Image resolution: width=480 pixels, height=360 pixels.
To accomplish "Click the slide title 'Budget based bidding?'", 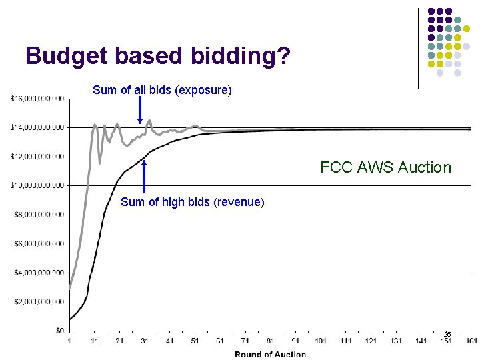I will pos(158,56).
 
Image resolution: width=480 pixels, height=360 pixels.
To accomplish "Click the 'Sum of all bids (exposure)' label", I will pos(162,90).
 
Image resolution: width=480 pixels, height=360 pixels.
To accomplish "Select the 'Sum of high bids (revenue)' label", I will pos(192,202).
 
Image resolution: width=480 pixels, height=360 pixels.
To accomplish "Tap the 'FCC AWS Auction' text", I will pos(385,167).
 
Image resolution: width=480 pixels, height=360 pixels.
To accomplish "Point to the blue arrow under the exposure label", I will pos(139,110).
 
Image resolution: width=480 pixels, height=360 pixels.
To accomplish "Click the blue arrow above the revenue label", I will pos(144,177).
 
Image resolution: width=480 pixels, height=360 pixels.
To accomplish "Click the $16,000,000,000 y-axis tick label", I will pos(37,98).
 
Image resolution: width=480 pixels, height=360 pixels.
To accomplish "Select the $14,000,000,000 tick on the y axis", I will pos(37,127).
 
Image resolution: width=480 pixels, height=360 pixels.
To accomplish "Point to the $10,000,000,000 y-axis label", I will pos(37,185).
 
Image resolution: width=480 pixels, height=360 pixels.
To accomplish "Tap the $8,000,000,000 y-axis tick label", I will pos(37,215).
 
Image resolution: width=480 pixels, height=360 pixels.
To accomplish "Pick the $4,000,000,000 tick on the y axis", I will pos(37,273).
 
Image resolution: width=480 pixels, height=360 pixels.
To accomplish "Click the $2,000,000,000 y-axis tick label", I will pos(37,301).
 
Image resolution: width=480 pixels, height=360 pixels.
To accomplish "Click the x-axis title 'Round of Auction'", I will pos(270,354).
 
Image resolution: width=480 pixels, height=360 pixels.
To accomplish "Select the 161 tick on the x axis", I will pos(472,341).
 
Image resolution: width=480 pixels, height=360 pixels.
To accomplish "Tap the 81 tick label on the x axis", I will pos(270,341).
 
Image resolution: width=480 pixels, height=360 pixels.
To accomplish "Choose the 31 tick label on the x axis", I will pos(145,341).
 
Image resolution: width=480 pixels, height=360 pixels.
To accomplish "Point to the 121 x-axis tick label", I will pos(371,341).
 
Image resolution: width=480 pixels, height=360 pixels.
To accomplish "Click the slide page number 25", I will pos(447,334).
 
